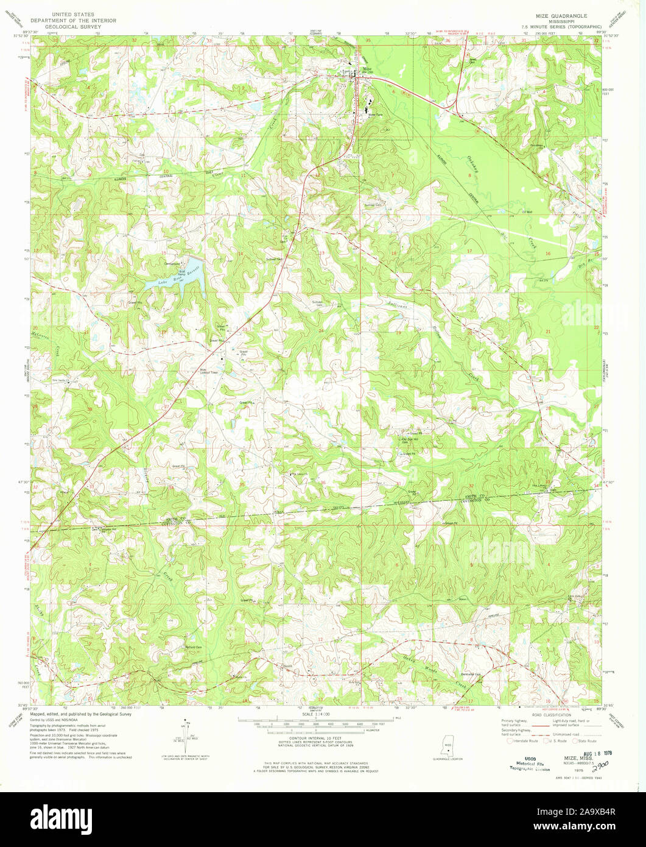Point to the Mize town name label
pos(367,69)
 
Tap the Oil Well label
pos(527,212)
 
